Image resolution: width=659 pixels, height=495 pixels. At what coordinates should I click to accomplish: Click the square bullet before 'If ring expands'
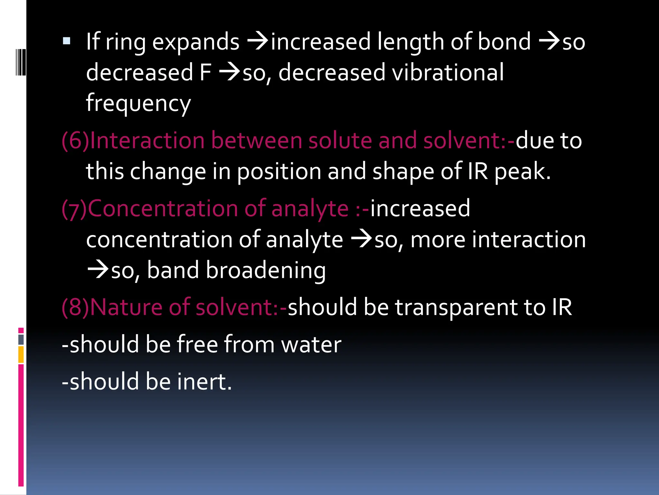click(67, 41)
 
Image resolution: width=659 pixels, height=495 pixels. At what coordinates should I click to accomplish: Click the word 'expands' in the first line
click(196, 43)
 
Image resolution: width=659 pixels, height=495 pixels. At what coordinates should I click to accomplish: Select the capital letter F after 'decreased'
click(205, 72)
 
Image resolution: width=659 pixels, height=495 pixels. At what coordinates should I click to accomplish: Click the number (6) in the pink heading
click(75, 141)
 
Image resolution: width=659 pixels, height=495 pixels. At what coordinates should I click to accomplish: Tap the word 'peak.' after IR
click(522, 171)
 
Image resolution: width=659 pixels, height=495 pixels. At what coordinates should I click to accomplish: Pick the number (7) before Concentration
click(74, 209)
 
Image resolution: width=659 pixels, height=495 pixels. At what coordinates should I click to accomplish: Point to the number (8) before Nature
click(75, 307)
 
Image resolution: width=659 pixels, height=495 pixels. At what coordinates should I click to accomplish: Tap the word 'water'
click(311, 345)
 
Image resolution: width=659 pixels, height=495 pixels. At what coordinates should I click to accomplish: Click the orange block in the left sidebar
click(21, 354)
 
